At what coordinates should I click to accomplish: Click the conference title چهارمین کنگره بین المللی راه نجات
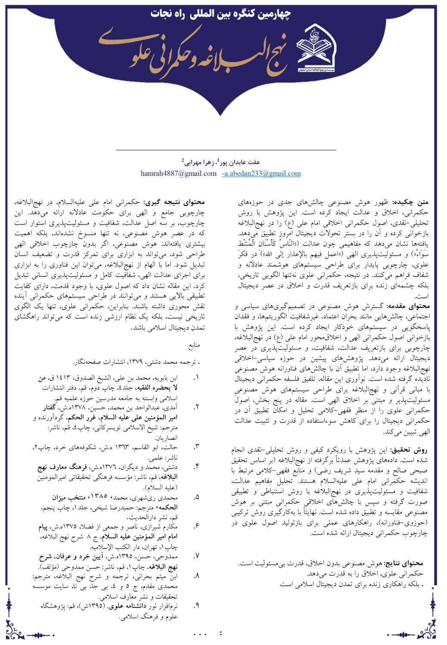tap(220, 14)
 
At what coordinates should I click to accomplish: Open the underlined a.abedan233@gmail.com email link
tap(262, 173)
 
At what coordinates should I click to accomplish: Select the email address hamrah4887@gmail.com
tap(179, 173)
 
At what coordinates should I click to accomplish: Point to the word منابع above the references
tap(194, 345)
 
